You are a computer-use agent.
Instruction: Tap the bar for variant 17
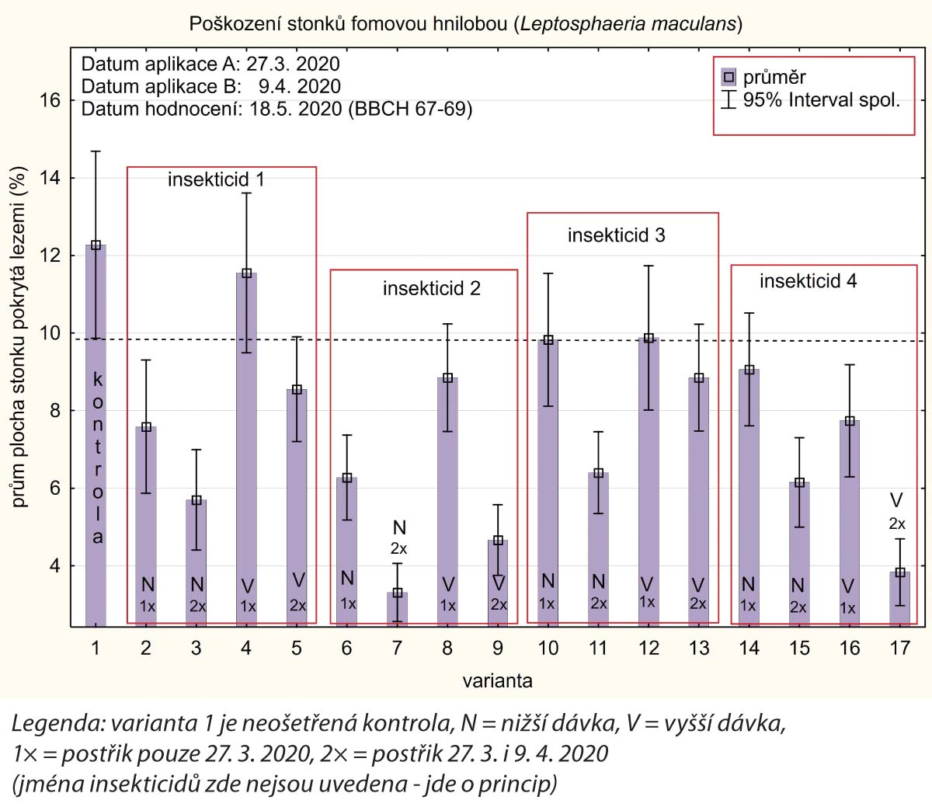point(899,602)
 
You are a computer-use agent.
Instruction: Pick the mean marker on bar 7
point(398,593)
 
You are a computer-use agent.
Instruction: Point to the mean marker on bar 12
point(649,339)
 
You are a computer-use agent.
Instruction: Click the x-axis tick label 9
point(498,648)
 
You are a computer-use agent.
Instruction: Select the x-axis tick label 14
point(749,648)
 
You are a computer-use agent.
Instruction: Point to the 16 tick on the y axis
point(50,101)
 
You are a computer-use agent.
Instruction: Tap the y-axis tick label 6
point(55,489)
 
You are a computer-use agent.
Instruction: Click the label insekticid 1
point(216,179)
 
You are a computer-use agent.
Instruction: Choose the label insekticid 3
point(616,235)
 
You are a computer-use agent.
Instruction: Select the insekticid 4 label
point(808,281)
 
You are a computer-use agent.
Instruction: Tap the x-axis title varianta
point(498,681)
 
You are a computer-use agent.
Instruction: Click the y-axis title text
point(19,337)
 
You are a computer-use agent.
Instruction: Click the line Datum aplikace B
point(210,86)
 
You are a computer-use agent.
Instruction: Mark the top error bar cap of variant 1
point(96,151)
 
